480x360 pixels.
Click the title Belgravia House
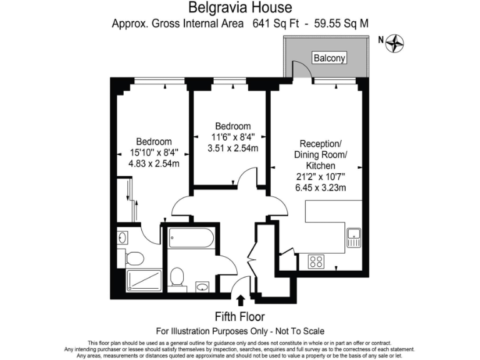[240, 8]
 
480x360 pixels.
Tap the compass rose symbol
[396, 43]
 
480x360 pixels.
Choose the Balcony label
[329, 58]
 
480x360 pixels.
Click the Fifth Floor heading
[240, 316]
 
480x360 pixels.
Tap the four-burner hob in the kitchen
[316, 261]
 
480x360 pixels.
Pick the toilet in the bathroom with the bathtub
[177, 277]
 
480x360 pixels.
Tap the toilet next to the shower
[134, 257]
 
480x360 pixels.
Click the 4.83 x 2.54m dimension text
[154, 164]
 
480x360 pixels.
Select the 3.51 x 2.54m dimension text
[233, 148]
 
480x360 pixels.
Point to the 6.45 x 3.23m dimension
[321, 187]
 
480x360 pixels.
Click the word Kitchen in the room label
[321, 165]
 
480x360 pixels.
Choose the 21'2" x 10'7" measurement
[321, 176]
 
